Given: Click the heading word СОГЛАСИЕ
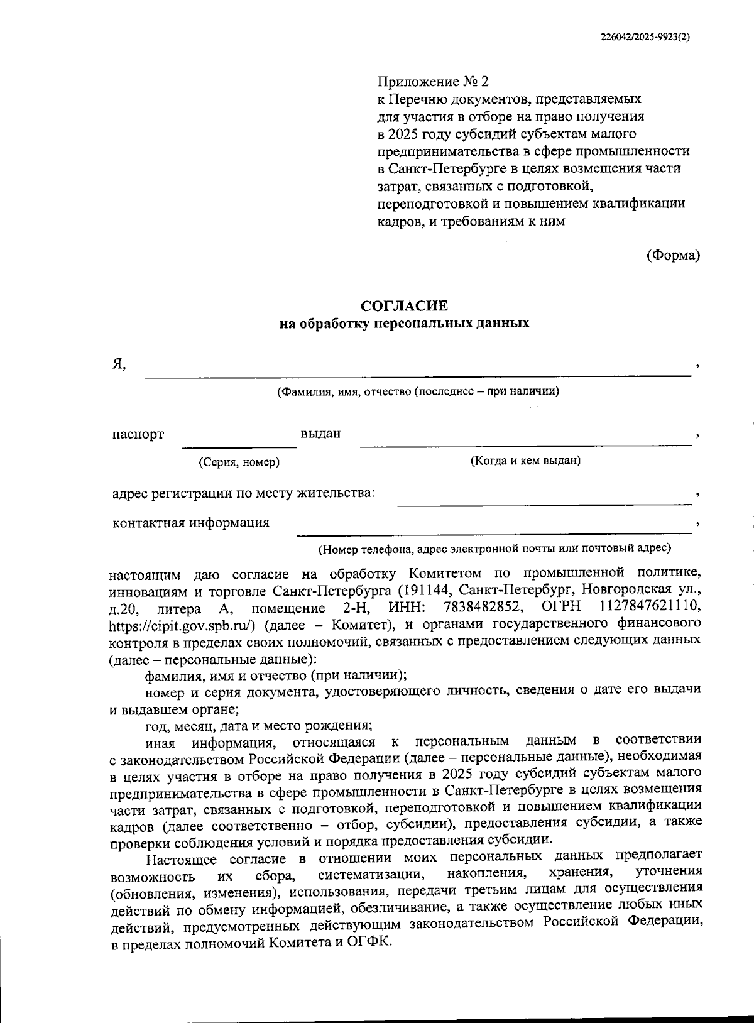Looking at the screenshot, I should point(404,306).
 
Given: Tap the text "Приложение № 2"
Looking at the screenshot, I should point(432,82).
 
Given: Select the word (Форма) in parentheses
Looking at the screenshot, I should point(673,255).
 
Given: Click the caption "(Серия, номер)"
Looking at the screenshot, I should point(239,462).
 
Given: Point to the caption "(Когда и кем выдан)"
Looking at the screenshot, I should point(525,461).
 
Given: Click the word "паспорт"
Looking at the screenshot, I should point(138,434).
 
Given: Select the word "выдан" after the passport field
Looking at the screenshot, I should point(320,434).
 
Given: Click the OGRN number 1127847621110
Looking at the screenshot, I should point(650,608).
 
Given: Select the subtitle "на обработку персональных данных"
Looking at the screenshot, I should point(404,324).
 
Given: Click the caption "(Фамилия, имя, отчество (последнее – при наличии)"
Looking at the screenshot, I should point(418,391).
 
